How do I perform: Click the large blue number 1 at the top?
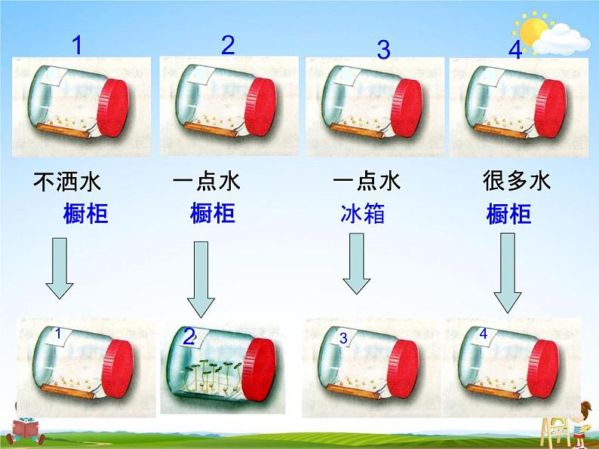(x=76, y=46)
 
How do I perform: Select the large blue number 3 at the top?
(x=383, y=50)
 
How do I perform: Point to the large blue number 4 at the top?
(x=515, y=50)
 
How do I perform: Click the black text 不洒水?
(x=67, y=182)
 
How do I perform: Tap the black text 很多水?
(x=517, y=181)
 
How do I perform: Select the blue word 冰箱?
(x=362, y=215)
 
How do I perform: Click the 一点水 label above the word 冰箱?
(x=366, y=182)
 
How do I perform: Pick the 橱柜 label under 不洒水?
(x=85, y=215)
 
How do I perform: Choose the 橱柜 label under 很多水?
(x=508, y=215)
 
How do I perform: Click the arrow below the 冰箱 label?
(x=357, y=263)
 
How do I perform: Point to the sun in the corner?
(x=534, y=31)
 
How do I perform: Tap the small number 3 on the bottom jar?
(x=343, y=339)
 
